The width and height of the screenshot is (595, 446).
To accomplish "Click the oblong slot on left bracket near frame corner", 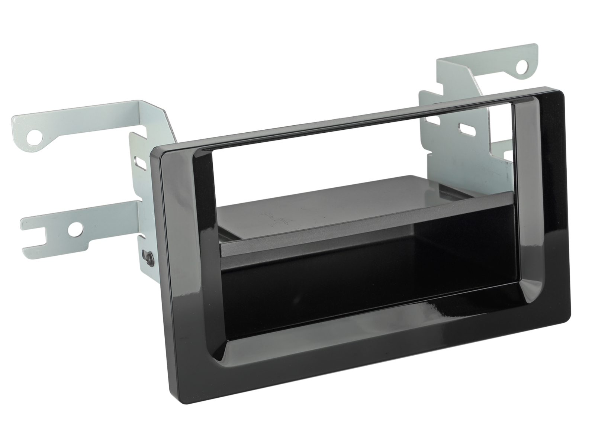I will (141, 163).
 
